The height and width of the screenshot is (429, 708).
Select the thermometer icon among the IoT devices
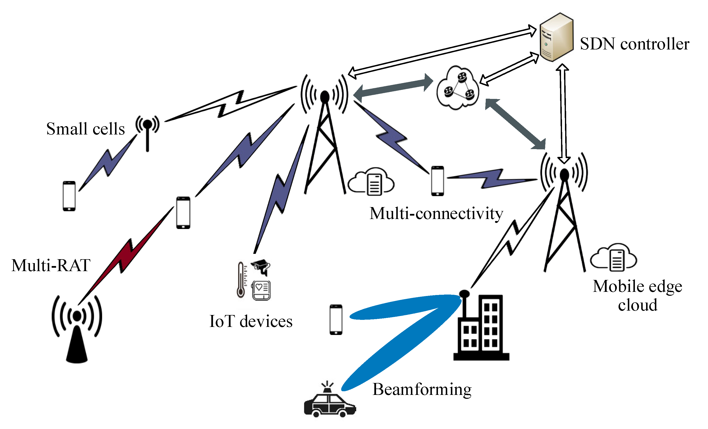pos(241,280)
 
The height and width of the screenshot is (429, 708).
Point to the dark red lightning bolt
pos(126,256)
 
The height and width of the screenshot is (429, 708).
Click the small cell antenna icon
pos(147,131)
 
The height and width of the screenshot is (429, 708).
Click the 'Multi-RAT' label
pos(51,265)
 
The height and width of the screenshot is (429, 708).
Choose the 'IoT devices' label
pos(251,321)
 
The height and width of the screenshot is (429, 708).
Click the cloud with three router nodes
pos(458,88)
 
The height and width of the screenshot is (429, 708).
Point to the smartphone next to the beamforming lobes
pos(336,320)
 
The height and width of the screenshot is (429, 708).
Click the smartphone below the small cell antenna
pos(69,196)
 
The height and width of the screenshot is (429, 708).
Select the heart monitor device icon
pos(262,290)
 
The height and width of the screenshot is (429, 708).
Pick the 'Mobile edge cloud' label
pos(637,296)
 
